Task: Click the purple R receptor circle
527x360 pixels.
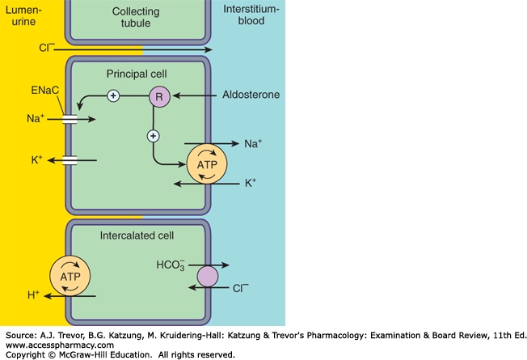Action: point(158,95)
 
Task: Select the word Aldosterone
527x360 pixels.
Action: point(252,95)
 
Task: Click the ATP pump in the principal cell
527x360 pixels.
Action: point(202,164)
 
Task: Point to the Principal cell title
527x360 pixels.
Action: point(137,74)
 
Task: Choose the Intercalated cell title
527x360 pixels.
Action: point(137,237)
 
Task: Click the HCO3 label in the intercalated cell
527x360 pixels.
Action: point(171,265)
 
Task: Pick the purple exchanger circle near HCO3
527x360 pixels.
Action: point(208,277)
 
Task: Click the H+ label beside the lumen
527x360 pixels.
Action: point(34,296)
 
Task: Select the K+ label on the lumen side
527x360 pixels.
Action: point(37,160)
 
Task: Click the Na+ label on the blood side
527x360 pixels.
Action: point(252,144)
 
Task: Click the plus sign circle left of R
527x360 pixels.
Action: point(113,95)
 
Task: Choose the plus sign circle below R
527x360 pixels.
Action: point(153,135)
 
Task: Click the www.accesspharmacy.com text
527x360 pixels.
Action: point(61,344)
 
